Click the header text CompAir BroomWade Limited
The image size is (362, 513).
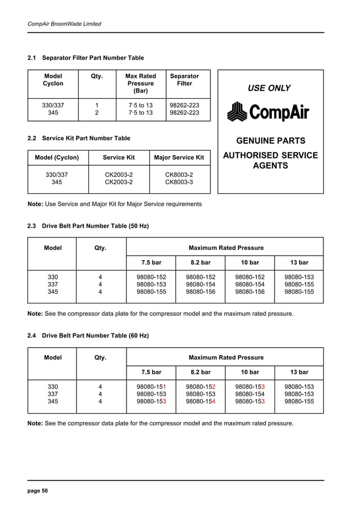coord(65,24)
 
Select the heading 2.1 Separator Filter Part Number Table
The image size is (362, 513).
coord(86,58)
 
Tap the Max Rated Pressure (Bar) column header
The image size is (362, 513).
coord(140,84)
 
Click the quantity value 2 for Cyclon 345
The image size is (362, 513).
coord(96,113)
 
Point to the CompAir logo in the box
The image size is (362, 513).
coord(268,112)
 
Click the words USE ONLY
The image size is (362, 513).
coord(269,88)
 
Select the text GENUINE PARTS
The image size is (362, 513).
coord(271,141)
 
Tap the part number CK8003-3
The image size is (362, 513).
coord(179,182)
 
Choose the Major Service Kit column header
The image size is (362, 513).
coord(179,157)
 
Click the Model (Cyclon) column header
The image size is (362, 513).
coord(57,157)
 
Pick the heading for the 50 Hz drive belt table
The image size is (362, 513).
coord(88,226)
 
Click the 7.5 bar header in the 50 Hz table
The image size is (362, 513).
coord(151,262)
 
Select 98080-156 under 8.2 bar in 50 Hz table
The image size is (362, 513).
coord(200,292)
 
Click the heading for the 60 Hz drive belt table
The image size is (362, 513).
coord(88,336)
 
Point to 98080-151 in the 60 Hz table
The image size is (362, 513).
coord(151,387)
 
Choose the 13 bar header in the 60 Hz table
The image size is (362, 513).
coord(299,372)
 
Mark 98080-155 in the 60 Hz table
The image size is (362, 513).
coord(299,402)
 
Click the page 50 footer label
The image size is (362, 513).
coord(38,491)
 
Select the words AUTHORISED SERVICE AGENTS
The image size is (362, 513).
coord(271,161)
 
